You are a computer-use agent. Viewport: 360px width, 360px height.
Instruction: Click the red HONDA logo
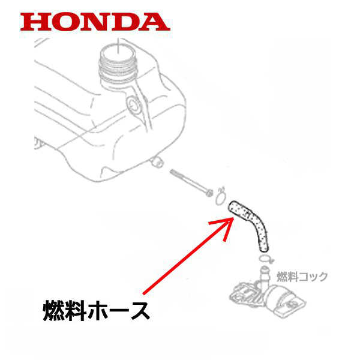coord(91,22)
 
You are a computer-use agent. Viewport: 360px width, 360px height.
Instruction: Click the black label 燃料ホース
coord(95,311)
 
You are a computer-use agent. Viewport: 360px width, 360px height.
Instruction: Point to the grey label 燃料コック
coord(302,277)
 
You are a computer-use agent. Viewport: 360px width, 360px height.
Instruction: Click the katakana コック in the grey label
coord(316,277)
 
